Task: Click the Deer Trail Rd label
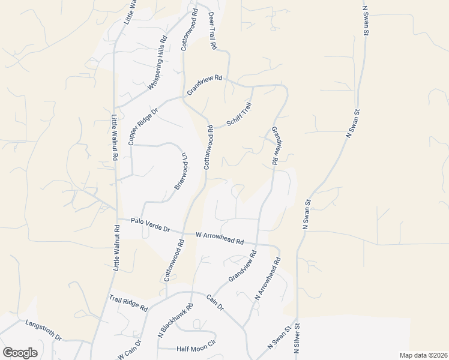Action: tap(211, 31)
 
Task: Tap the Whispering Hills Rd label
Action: tap(156, 62)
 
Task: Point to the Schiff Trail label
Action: tap(239, 115)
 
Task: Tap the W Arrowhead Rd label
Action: tap(220, 239)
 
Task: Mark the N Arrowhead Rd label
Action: tap(268, 279)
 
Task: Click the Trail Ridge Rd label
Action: tap(128, 303)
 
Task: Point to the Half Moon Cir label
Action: tap(195, 349)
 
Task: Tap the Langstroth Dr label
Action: tap(43, 331)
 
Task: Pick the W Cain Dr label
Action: tap(131, 350)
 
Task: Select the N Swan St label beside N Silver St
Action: tap(279, 340)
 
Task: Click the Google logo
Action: tap(20, 353)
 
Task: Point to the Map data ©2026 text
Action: tap(423, 355)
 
